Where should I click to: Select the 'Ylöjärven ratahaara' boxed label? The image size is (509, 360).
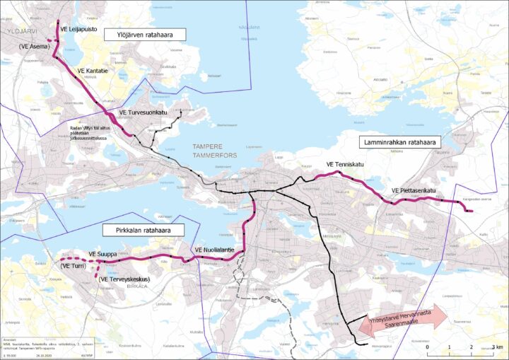[144, 34]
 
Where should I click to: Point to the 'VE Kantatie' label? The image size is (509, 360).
[93, 71]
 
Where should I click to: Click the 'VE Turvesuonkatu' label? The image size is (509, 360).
[143, 112]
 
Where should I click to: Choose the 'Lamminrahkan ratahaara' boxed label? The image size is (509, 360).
[399, 142]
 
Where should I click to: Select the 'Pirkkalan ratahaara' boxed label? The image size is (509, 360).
[144, 230]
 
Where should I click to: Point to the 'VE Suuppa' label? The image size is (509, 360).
[103, 253]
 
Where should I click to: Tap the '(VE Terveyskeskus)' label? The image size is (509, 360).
[129, 279]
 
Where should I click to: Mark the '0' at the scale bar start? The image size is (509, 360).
[428, 347]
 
